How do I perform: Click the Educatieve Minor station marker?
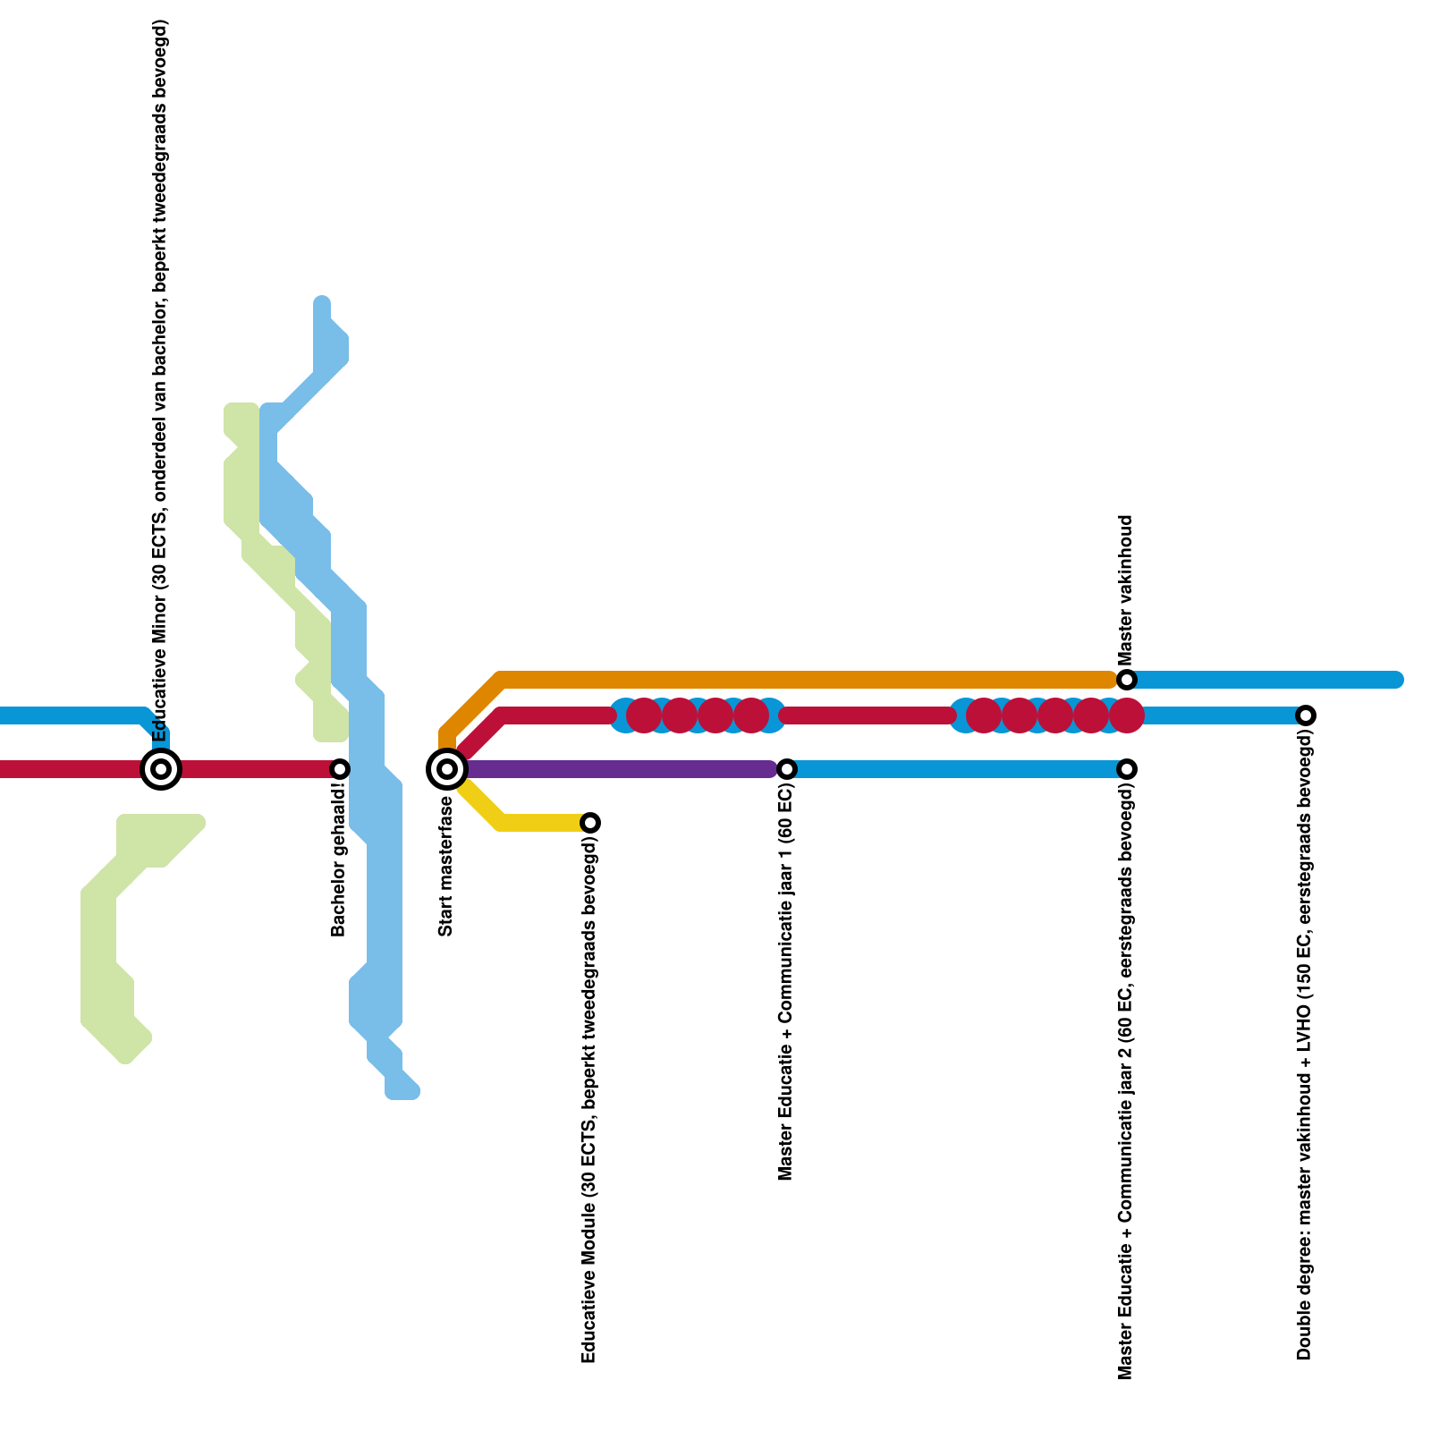coord(161,768)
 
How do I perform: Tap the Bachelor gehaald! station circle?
coord(340,768)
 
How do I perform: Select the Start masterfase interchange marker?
coord(447,768)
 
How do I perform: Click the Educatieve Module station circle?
coord(590,822)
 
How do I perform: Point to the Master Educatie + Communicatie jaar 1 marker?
coord(787,768)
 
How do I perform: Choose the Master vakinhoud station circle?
coord(1127,679)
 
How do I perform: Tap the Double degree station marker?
coord(1306,715)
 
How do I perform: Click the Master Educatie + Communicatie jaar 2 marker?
coord(1127,768)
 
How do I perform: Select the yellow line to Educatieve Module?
coord(537,822)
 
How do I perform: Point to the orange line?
coord(805,679)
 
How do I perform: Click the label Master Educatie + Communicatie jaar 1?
coord(786,984)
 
